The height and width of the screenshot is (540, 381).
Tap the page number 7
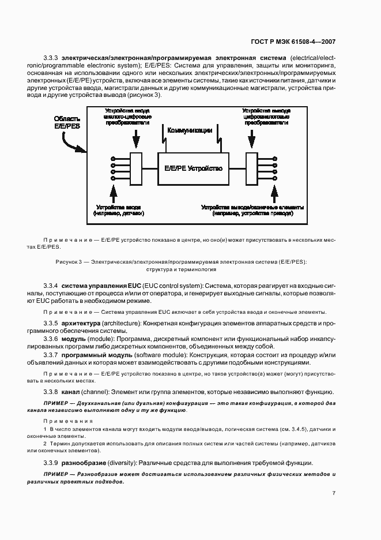[334, 493]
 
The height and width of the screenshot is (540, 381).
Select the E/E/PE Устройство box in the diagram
[193, 168]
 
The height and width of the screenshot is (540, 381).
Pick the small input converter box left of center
[136, 168]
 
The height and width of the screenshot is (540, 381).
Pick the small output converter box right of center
[251, 168]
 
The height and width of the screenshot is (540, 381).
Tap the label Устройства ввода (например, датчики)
[119, 210]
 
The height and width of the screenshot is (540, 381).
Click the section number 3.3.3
[51, 58]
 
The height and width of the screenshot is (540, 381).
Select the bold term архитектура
[81, 324]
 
